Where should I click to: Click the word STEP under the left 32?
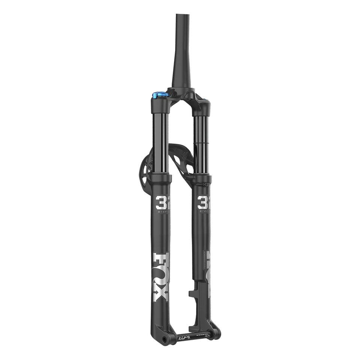[x=160, y=215]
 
